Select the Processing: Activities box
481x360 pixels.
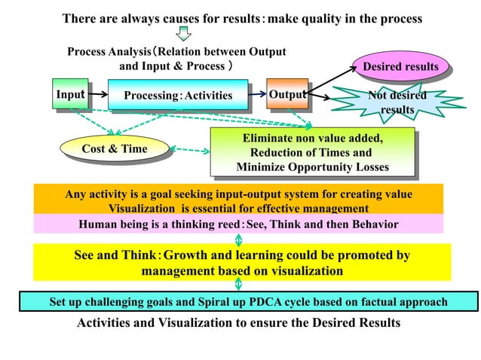(x=177, y=96)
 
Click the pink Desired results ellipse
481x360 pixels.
(x=400, y=67)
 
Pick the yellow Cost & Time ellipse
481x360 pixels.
(x=114, y=149)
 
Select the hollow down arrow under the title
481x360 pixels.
(x=182, y=35)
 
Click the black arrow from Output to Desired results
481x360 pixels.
(x=332, y=81)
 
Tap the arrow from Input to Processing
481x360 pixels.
(x=97, y=96)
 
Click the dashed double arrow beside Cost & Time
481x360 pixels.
(x=190, y=151)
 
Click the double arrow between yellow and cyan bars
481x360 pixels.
(x=239, y=284)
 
